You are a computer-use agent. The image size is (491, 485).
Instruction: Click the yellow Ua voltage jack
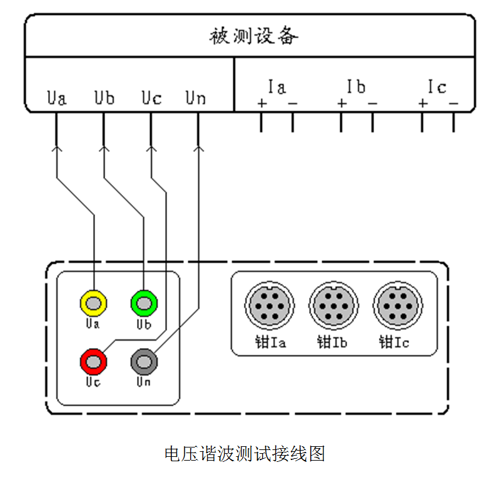click(94, 304)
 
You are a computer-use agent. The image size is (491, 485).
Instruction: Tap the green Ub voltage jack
click(144, 304)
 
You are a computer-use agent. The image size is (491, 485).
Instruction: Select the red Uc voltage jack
click(94, 361)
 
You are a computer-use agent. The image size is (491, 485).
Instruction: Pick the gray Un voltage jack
click(144, 361)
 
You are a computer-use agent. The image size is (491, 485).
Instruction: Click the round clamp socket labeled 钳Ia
click(268, 306)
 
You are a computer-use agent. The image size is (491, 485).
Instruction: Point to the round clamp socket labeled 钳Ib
click(333, 306)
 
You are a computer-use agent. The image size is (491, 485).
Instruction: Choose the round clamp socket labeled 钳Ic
click(397, 306)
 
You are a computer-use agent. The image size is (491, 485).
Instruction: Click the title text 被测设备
click(253, 36)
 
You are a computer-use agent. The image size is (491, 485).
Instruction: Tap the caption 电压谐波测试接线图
click(245, 453)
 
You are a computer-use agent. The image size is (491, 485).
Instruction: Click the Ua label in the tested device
click(57, 98)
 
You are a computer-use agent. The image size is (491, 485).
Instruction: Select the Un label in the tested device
click(196, 98)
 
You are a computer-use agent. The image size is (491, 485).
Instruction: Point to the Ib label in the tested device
click(356, 86)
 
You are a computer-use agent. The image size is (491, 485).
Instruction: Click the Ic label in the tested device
click(437, 86)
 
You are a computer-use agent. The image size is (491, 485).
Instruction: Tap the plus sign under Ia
click(261, 103)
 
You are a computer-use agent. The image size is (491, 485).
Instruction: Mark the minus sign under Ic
click(453, 103)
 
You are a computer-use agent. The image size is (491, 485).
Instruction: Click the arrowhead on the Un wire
click(198, 148)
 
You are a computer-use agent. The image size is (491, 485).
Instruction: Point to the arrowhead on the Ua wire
click(57, 148)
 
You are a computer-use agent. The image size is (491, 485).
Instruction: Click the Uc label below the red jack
click(93, 381)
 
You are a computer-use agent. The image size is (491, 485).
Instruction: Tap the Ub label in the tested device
click(104, 98)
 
